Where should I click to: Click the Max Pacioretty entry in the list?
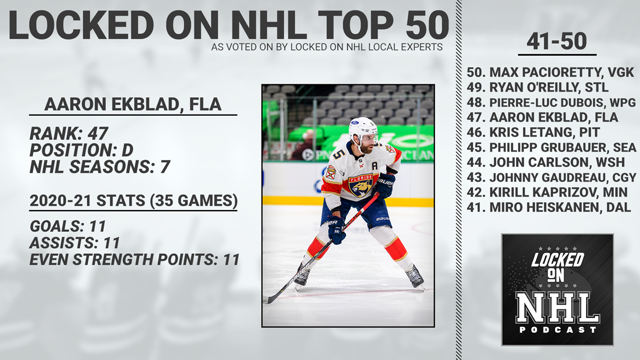coord(550,72)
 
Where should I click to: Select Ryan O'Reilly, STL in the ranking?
coord(538,88)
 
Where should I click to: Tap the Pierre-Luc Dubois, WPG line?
coord(551,102)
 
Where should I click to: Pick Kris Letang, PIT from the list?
coord(533,132)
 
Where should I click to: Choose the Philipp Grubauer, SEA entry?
coord(551,147)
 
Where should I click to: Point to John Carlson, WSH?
coord(546,162)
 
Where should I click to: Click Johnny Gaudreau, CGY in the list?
coord(551,177)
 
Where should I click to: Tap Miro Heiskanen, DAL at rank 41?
coord(549,207)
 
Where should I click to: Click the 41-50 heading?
coord(557,41)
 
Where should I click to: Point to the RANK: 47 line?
coord(68,134)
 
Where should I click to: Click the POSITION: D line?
coord(81,150)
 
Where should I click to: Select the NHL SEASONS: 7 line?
coord(99,167)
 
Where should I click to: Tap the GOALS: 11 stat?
coord(68,226)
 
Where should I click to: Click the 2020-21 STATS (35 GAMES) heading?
coord(134,201)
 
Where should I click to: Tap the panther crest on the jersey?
coord(361,186)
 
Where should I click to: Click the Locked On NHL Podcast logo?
coord(557,290)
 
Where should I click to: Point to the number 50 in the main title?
coord(427,26)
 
